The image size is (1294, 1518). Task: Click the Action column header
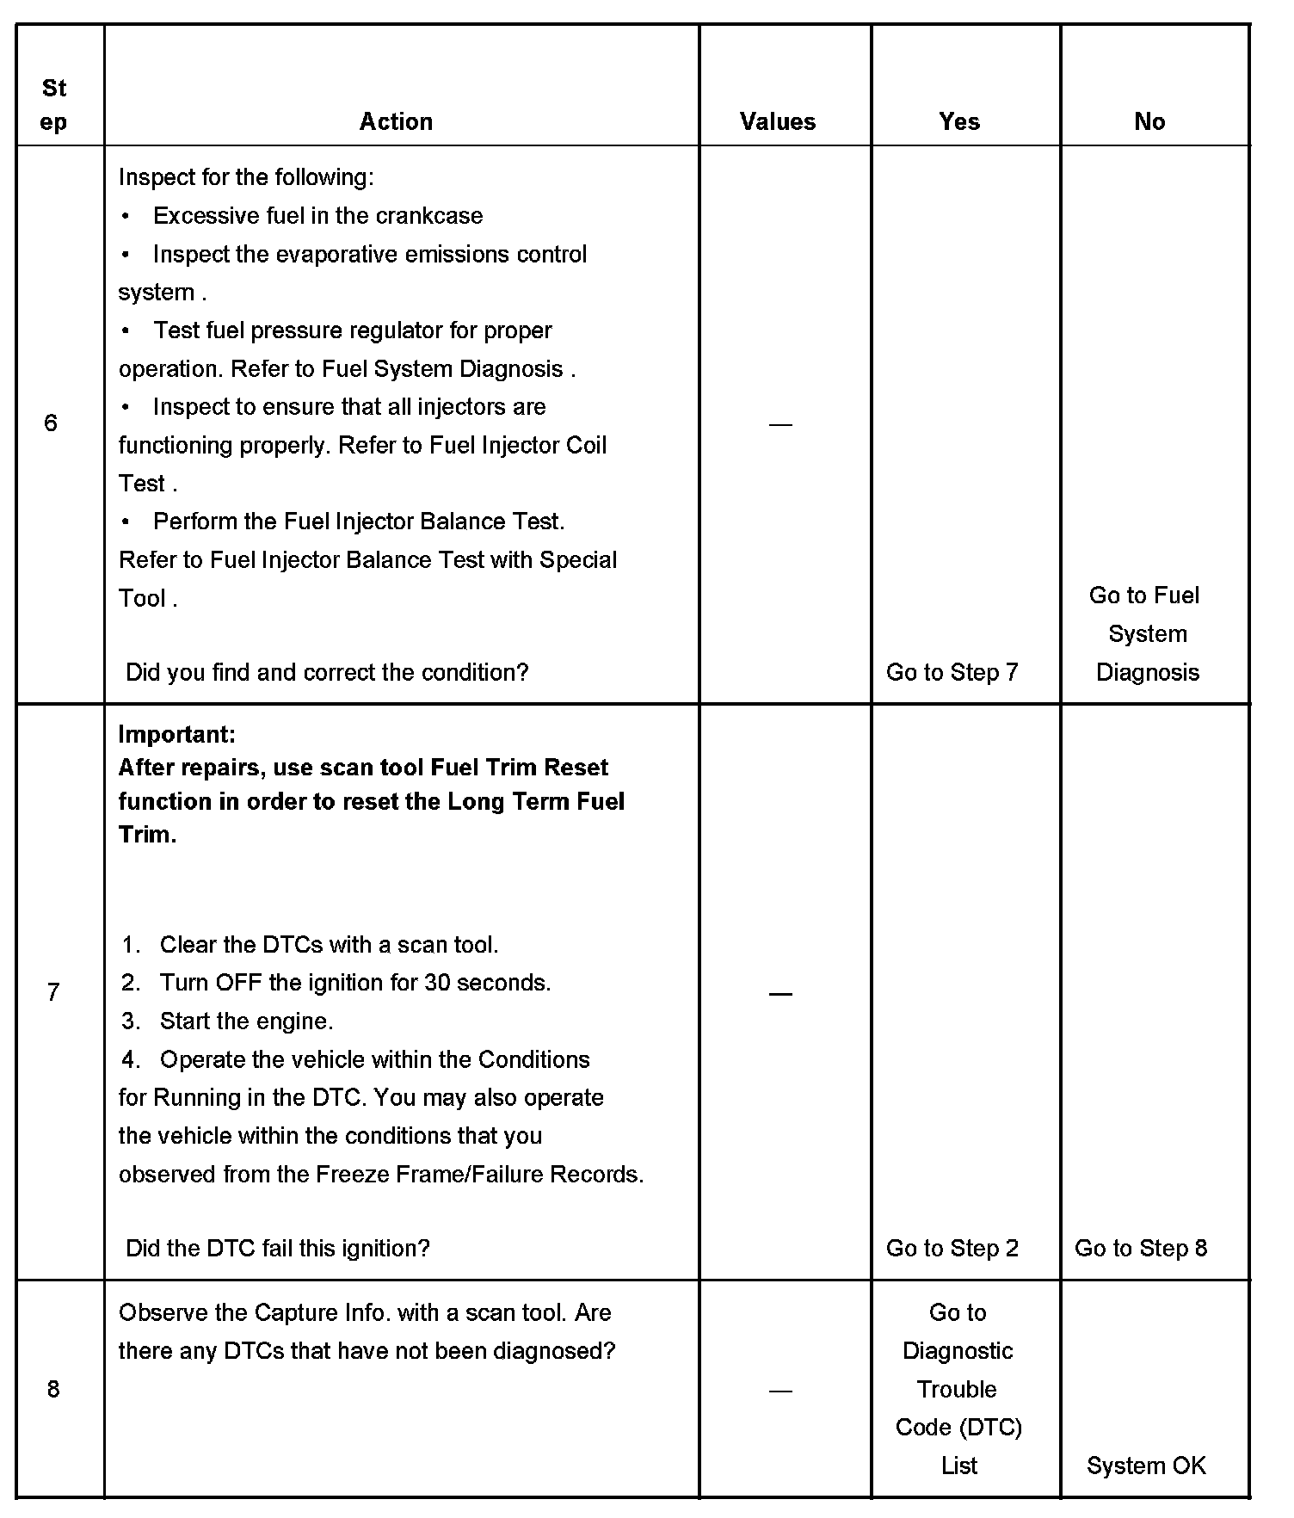point(396,121)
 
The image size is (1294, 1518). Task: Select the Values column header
point(778,121)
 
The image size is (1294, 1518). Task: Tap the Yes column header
point(959,121)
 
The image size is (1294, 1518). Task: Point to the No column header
point(1149,121)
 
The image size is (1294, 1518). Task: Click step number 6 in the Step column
point(51,423)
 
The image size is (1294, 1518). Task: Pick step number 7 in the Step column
point(53,992)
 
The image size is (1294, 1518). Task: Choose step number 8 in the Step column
point(53,1389)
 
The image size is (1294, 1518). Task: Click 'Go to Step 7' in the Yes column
point(952,672)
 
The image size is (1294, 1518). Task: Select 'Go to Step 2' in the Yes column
point(952,1248)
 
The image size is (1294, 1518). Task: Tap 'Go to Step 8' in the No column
point(1141,1248)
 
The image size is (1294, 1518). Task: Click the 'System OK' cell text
point(1146,1466)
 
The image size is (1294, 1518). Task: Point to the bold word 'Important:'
point(176,734)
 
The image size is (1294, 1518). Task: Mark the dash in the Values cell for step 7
point(780,994)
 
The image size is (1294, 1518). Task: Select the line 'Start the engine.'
point(246,1021)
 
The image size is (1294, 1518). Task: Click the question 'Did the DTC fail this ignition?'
point(277,1248)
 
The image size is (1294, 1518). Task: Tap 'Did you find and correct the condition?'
point(327,672)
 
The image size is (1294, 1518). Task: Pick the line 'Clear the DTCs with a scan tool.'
point(329,945)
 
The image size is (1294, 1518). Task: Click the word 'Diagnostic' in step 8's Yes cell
point(958,1351)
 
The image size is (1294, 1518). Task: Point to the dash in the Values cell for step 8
point(780,1391)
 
